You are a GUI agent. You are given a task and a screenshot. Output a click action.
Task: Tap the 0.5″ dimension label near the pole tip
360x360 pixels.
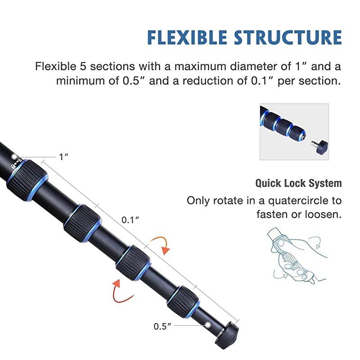[x=163, y=326]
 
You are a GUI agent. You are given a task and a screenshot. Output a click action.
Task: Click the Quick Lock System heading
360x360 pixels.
[x=298, y=184]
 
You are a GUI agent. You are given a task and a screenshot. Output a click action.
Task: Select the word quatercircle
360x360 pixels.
[x=303, y=200]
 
